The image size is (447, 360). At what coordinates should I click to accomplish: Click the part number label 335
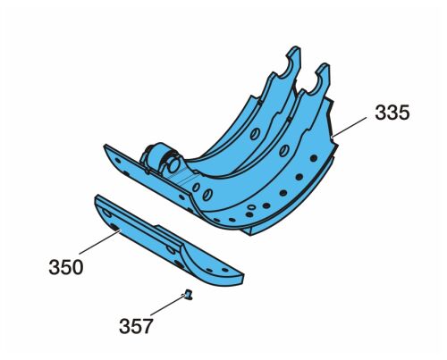392,113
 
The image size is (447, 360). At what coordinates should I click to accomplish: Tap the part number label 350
66,267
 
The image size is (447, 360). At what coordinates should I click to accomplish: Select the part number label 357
136,326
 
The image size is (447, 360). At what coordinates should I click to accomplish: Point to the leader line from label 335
350,127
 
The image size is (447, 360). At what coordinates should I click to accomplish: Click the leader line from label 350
99,242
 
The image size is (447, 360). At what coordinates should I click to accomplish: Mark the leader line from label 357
168,305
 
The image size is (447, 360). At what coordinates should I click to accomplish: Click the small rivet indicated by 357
188,295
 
